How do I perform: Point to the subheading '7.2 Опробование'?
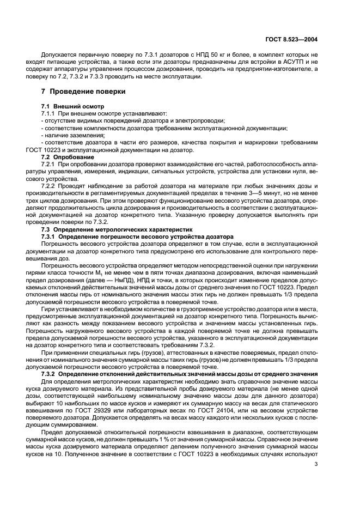(x=65, y=156)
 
